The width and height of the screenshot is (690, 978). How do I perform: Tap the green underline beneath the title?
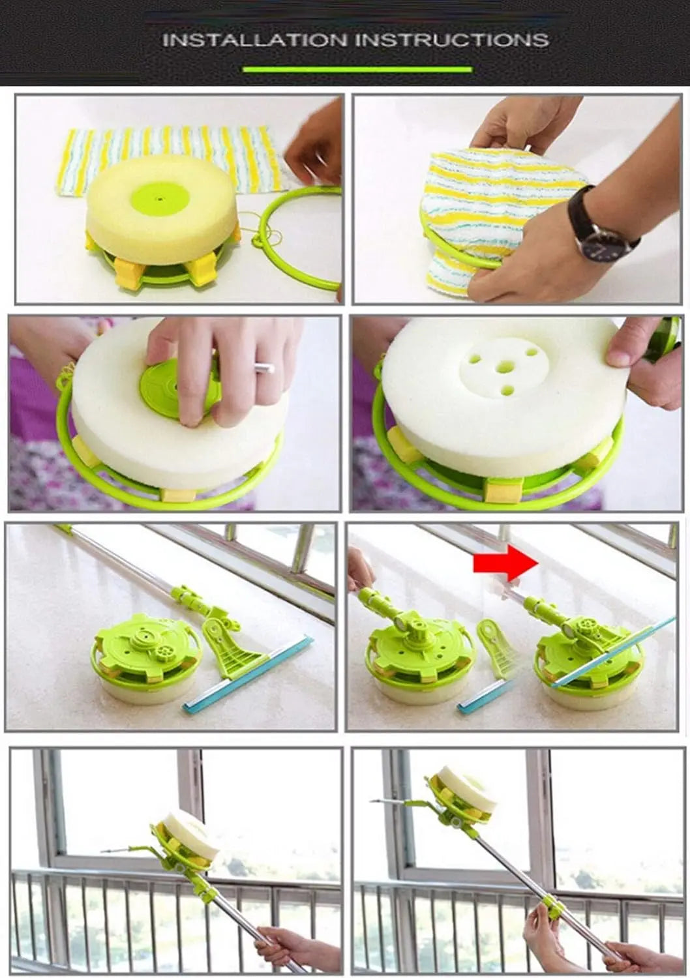pos(357,69)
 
